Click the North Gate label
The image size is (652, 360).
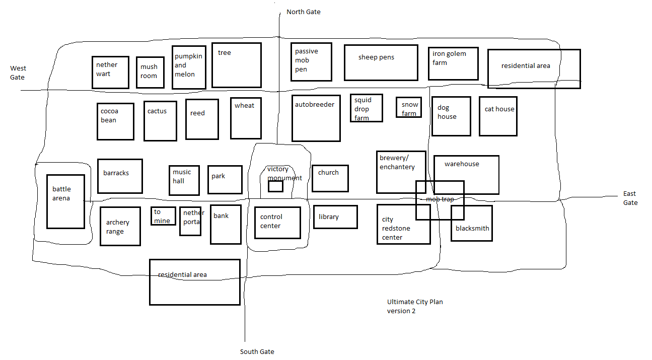pos(303,12)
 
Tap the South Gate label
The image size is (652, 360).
pos(257,351)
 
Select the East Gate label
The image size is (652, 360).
pos(630,198)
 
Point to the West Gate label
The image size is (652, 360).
pos(18,73)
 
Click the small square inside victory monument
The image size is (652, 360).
pos(275,186)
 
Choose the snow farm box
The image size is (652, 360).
pos(409,107)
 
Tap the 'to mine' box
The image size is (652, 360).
pos(163,216)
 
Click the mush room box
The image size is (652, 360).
pos(150,73)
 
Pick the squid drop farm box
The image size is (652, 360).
pos(367,108)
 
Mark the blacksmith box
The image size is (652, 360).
pos(471,223)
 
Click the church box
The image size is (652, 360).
pos(330,178)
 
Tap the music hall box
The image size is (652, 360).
pos(184,180)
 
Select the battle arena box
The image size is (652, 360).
pos(65,201)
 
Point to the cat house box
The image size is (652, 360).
pos(498,116)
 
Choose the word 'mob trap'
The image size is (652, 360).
pos(440,199)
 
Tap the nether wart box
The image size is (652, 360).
pos(110,72)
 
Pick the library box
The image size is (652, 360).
pos(335,217)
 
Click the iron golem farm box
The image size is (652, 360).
pos(453,64)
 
